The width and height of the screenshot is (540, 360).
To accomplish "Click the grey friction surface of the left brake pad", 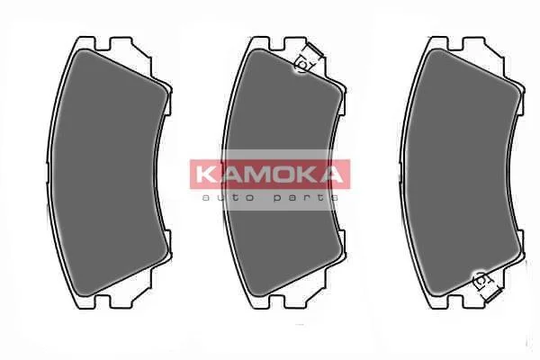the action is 107,172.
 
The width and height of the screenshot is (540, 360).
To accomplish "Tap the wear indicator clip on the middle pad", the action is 308,58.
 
